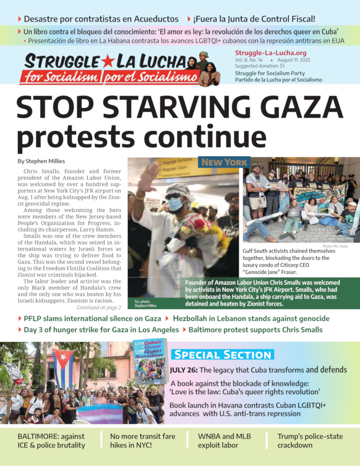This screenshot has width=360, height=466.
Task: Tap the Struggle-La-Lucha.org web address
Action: [270, 52]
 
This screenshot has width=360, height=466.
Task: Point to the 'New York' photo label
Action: [224, 162]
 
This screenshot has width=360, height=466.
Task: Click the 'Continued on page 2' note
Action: [98, 307]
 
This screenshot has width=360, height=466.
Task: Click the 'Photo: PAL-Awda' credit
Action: [335, 246]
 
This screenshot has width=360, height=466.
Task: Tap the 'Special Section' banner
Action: [222, 354]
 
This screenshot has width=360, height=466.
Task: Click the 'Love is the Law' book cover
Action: [149, 361]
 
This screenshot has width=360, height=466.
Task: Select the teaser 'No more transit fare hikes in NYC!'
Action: [142, 440]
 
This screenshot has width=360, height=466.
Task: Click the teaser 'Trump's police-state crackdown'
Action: [310, 440]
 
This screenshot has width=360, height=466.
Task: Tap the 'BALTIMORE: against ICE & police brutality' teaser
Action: [51, 440]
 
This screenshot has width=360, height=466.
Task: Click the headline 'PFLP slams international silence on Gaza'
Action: [92, 318]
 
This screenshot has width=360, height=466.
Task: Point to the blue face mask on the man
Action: [175, 203]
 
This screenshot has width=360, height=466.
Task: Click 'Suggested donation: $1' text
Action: [259, 66]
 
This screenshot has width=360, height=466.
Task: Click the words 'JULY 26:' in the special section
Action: [183, 370]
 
